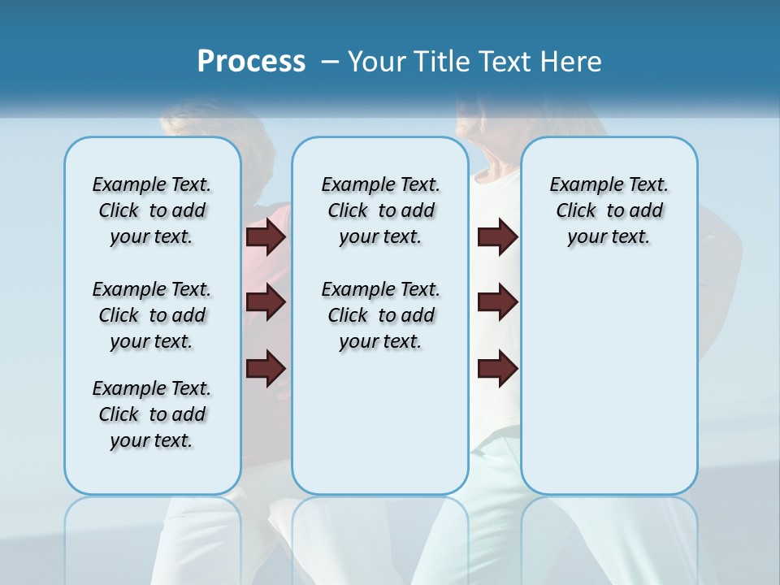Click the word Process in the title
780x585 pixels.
251,61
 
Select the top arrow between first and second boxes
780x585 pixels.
266,237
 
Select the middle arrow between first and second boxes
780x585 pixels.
266,302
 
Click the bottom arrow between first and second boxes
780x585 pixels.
266,369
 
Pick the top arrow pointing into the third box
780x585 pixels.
497,237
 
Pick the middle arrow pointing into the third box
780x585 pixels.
497,302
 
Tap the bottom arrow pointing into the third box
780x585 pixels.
497,369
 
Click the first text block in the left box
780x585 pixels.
152,210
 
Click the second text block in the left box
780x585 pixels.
152,315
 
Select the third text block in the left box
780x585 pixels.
152,414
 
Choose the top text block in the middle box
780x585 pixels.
380,210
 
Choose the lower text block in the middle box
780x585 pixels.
380,315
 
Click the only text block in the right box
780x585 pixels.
609,210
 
